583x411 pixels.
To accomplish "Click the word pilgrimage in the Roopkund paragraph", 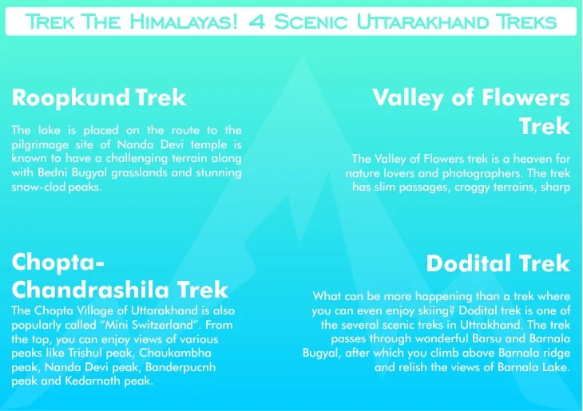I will (42, 144).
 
